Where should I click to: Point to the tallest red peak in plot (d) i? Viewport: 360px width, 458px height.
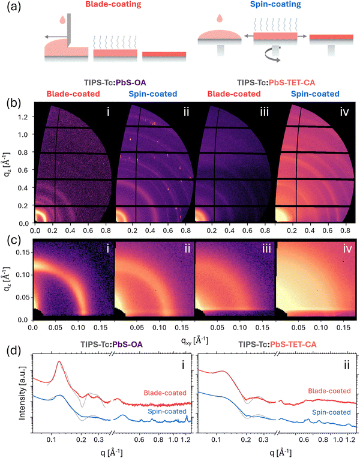pos(59,362)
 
